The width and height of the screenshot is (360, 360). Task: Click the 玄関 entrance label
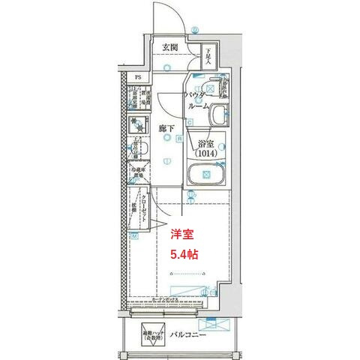coord(169,48)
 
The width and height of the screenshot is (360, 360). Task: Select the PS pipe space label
coord(138,77)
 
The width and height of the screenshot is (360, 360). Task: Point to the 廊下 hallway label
coord(166,129)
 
